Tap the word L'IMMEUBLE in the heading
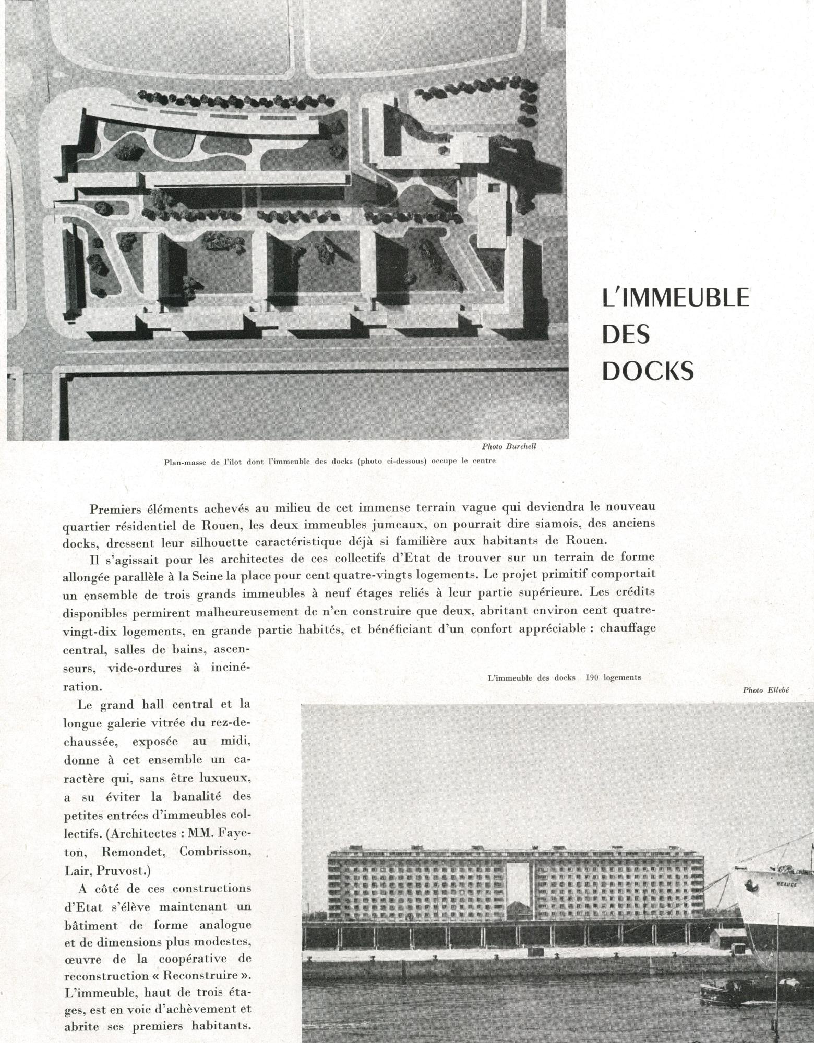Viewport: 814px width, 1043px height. point(675,298)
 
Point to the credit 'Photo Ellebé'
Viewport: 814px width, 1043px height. point(767,690)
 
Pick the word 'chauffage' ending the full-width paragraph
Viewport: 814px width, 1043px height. point(628,628)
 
